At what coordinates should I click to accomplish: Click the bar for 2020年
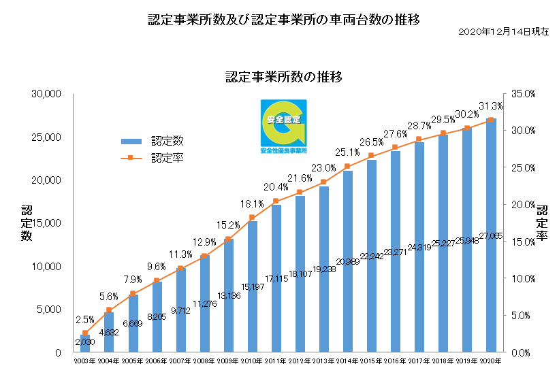[x=491, y=235]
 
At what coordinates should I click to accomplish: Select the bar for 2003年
[x=85, y=344]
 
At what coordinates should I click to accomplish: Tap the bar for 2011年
[x=276, y=278]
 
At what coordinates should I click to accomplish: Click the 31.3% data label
[x=491, y=106]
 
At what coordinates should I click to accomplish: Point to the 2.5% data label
[x=85, y=319]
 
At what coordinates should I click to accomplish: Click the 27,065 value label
[x=491, y=235]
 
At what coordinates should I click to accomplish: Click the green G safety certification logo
[x=283, y=125]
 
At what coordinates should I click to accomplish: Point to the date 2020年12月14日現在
[x=505, y=32]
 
